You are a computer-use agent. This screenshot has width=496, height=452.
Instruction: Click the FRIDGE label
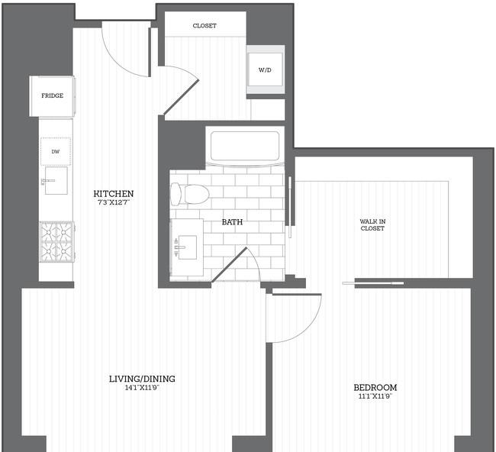[52, 95]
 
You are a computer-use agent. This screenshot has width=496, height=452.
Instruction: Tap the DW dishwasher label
[56, 152]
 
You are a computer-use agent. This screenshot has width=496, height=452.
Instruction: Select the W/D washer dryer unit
[265, 69]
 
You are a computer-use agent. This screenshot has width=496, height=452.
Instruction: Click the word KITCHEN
[114, 193]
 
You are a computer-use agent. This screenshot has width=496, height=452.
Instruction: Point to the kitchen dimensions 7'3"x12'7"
[114, 202]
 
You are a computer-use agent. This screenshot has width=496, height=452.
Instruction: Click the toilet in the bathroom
[190, 193]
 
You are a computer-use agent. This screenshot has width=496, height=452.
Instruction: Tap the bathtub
[245, 146]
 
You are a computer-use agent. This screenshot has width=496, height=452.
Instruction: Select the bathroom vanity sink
[187, 247]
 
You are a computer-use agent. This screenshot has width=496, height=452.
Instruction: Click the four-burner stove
[57, 242]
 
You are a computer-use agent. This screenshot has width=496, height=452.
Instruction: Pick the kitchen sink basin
[56, 180]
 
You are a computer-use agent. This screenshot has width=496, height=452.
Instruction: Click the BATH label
[232, 222]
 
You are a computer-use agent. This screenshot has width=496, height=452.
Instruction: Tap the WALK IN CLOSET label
[372, 224]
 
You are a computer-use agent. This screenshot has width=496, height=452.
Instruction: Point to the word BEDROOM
[375, 387]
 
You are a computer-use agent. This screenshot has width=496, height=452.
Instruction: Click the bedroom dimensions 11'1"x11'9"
[375, 396]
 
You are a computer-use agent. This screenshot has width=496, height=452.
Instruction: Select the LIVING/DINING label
[142, 379]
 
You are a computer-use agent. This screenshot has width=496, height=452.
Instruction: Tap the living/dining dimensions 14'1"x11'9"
[142, 387]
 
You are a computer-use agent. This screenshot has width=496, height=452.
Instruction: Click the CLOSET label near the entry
[205, 26]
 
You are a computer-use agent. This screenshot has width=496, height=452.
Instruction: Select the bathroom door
[229, 265]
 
